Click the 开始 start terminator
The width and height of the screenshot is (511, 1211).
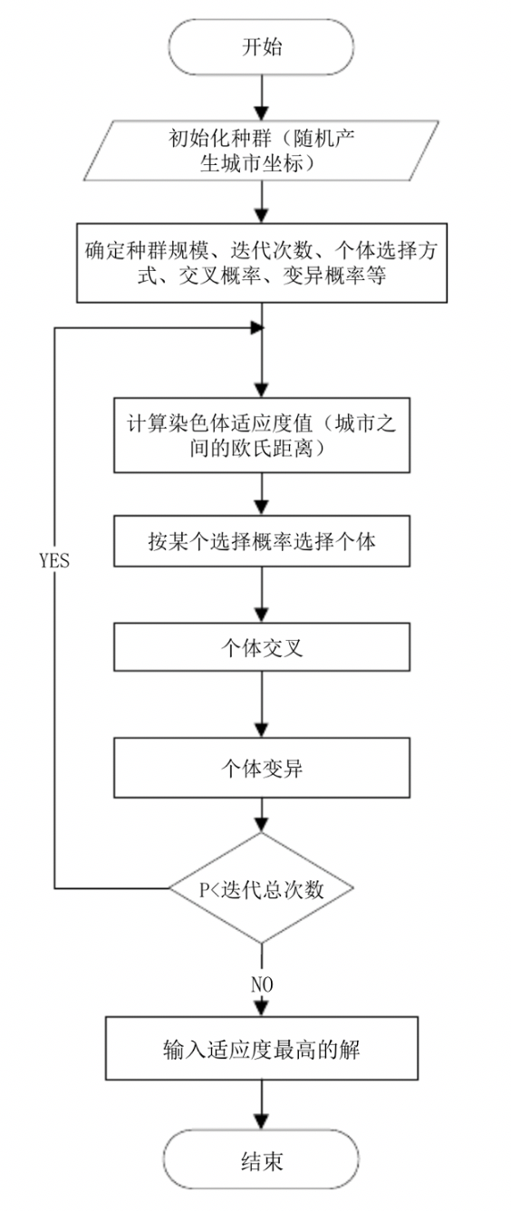coord(262,47)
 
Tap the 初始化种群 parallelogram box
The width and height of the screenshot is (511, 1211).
coord(262,150)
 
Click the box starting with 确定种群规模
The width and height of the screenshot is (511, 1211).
coord(262,263)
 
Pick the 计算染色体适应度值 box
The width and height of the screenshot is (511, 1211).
coord(262,435)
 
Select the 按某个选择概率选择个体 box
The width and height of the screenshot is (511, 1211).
coord(262,541)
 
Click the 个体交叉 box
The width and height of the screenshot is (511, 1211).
coord(262,647)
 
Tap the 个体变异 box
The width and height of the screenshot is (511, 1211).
coord(262,768)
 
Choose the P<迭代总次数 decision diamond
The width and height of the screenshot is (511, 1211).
coord(262,888)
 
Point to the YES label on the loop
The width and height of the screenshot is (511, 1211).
coord(54,560)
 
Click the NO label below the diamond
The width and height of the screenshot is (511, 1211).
coord(262,984)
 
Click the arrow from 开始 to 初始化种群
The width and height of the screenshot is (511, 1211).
coord(262,97)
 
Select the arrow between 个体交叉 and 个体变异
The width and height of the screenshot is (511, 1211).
coord(262,704)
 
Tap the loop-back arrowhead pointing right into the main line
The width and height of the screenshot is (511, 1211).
coord(256,327)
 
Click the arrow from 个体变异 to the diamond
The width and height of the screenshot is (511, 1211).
coord(262,815)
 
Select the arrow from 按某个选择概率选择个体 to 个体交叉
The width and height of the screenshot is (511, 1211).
coord(262,595)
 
